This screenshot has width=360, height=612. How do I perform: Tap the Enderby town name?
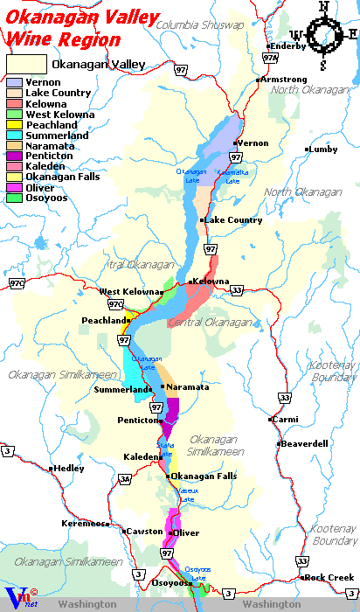288,45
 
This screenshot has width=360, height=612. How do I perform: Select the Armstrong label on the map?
284,80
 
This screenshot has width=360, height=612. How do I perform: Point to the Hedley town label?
68,469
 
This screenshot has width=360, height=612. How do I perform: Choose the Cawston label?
144,532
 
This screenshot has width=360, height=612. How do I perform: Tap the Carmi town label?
286,420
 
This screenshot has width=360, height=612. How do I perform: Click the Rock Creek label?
329,578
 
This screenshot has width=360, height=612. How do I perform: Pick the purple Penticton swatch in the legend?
14,156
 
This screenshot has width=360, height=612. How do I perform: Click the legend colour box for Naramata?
14,146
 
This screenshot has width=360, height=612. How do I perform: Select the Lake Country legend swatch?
14,93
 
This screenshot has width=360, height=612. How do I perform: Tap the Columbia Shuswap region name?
198,25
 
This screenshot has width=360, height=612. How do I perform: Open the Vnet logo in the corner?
17,598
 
